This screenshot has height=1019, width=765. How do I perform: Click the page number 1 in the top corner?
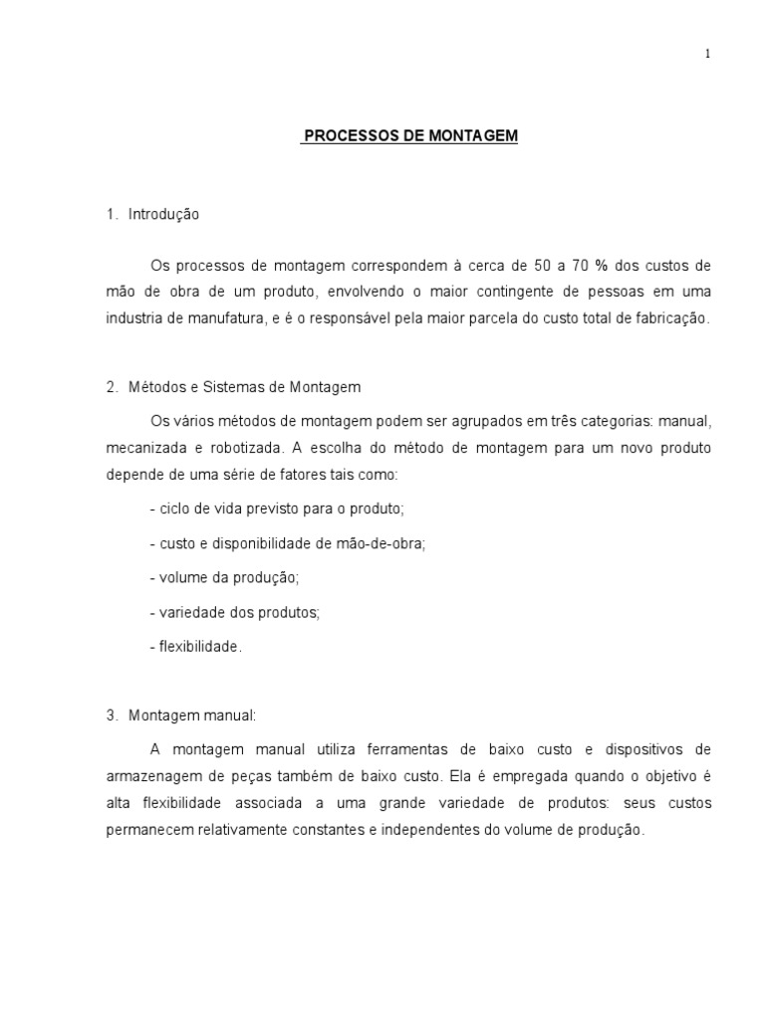(x=707, y=55)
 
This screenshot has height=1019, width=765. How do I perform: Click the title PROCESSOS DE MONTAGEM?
(x=409, y=136)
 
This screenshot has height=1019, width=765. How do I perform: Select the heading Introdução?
(x=163, y=214)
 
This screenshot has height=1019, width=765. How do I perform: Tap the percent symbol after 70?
(x=601, y=266)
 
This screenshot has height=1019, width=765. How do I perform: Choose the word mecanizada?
(x=143, y=448)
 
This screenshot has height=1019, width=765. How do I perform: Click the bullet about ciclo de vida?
(x=277, y=509)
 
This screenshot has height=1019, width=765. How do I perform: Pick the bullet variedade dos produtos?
(x=235, y=612)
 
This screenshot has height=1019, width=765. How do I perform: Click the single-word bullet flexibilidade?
(x=196, y=647)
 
